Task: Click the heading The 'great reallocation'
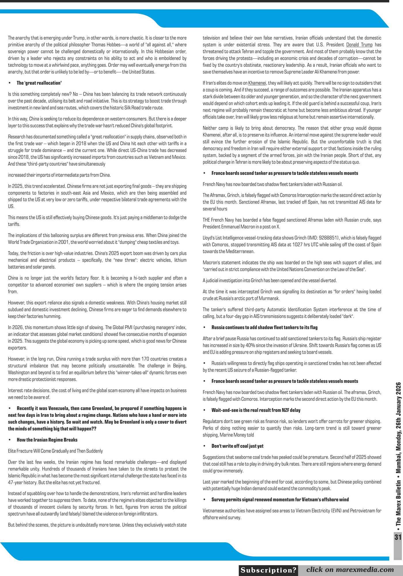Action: coord(39,83)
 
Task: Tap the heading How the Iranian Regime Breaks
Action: coord(47,440)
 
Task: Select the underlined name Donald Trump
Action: coord(359,45)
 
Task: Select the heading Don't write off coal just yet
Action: coord(237,446)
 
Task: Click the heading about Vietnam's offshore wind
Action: coord(280,499)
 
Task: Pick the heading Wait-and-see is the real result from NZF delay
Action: coord(256,410)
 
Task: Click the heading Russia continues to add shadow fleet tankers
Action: coord(264,327)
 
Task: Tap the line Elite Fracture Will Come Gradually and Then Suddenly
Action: coord(55,451)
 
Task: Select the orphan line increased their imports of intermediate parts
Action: coord(59,175)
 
